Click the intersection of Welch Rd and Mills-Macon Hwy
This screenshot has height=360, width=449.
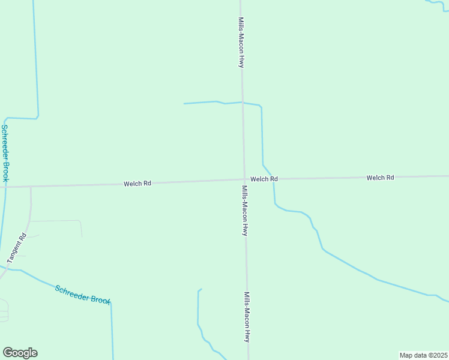pyautogui.click(x=244, y=179)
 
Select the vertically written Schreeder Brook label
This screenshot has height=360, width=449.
pyautogui.click(x=5, y=154)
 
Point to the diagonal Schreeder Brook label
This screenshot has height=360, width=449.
pyautogui.click(x=83, y=294)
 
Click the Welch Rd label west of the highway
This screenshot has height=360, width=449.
pyautogui.click(x=137, y=184)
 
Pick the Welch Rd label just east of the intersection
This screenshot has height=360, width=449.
pyautogui.click(x=264, y=179)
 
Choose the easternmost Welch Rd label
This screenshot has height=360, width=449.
pyautogui.click(x=380, y=178)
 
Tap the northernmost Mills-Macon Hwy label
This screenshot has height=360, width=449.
pyautogui.click(x=240, y=42)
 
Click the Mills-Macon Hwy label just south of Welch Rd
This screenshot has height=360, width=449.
pyautogui.click(x=244, y=210)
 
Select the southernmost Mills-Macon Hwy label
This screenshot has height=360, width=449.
pyautogui.click(x=246, y=317)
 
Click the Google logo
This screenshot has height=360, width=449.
pyautogui.click(x=20, y=353)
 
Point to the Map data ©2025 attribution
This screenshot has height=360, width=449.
pyautogui.click(x=423, y=355)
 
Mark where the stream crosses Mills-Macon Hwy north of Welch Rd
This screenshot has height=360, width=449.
pyautogui.click(x=242, y=102)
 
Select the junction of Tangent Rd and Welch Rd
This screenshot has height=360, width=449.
pyautogui.click(x=30, y=186)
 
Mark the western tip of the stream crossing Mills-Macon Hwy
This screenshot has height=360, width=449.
pyautogui.click(x=184, y=104)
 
